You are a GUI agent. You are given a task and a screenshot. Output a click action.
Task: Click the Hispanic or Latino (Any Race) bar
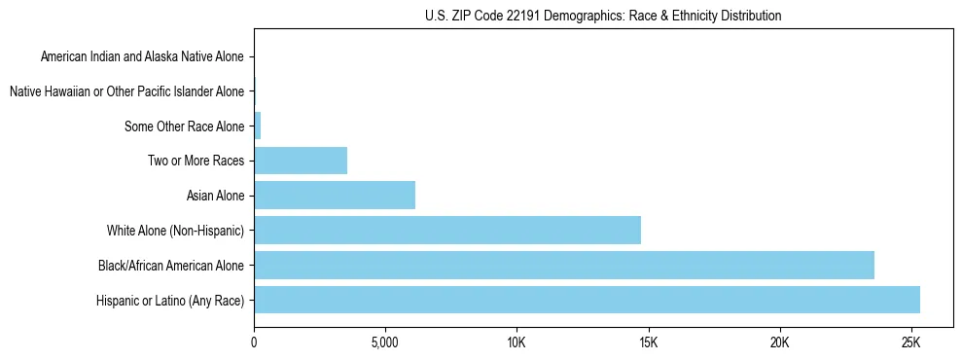587,300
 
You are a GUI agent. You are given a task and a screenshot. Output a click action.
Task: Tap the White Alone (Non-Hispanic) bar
447,231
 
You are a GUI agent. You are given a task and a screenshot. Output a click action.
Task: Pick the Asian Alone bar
335,196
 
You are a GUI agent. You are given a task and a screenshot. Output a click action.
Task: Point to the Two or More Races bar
301,161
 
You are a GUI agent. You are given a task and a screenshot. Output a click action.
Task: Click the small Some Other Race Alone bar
258,126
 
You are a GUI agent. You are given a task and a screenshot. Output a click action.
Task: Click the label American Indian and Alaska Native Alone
142,57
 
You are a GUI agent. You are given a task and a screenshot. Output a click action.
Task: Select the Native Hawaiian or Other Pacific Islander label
126,91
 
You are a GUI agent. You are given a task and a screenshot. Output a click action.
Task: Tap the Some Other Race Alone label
185,126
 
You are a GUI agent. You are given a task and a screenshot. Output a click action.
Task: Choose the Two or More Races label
196,161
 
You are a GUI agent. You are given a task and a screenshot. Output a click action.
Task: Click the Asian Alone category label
215,196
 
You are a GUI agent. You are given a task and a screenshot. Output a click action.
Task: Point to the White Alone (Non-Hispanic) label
176,231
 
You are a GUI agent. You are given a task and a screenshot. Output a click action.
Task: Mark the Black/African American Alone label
171,265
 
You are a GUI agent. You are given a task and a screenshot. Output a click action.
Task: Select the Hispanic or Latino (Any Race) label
170,300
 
